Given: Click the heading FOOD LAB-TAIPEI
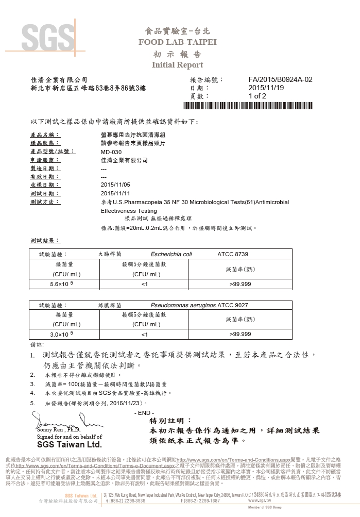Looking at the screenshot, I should [x=177, y=42].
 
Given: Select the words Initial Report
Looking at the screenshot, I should [x=177, y=65].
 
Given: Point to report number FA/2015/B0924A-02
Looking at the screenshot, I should [x=280, y=80].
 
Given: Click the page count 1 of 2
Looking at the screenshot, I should [x=257, y=96].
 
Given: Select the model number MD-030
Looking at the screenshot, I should [x=111, y=152].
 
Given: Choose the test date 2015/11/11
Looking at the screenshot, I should [x=116, y=193].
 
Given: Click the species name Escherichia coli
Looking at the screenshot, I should [x=172, y=254].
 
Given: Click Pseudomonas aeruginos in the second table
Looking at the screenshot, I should [x=184, y=305].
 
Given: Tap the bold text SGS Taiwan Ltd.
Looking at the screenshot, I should [x=69, y=444].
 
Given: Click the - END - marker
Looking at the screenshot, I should [x=144, y=413].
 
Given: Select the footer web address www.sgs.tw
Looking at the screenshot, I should [x=259, y=501].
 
